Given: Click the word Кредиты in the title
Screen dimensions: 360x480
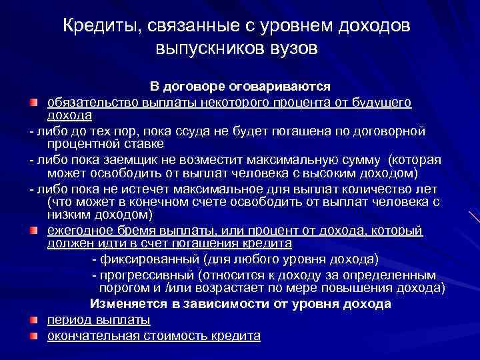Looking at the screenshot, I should pos(97,26).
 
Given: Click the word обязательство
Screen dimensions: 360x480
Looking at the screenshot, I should pos(91,101).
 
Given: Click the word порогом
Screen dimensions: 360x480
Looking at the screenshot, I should pos(125,287).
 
